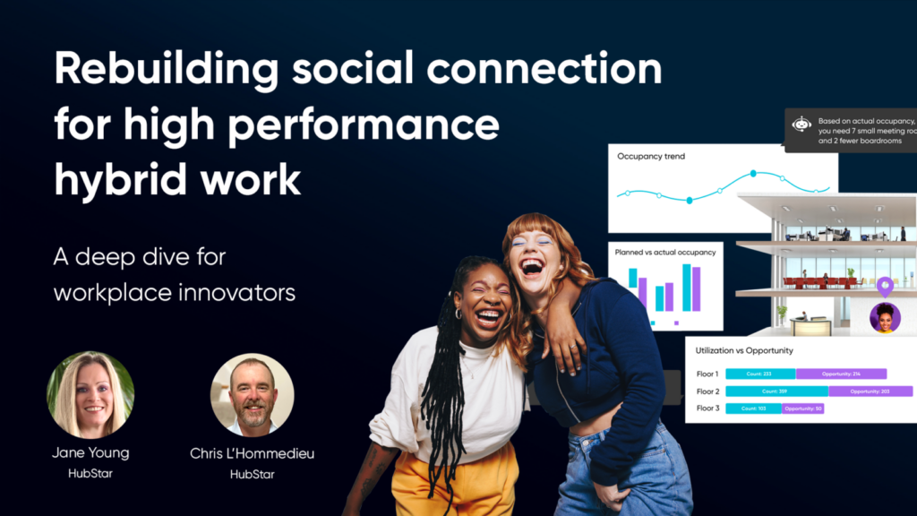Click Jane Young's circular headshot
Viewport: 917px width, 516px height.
click(90, 394)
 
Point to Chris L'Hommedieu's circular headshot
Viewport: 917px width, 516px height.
click(252, 395)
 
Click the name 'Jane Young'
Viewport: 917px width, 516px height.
click(90, 453)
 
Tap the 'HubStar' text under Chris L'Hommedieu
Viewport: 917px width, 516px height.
click(252, 474)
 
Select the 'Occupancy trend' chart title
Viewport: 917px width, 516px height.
click(651, 157)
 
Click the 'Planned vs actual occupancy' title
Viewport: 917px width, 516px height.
click(665, 253)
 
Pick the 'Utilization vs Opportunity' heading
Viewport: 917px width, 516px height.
click(744, 350)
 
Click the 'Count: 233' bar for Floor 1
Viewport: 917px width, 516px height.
click(759, 374)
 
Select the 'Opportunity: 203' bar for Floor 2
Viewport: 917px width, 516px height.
click(870, 391)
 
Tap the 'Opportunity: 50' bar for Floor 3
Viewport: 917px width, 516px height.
click(802, 408)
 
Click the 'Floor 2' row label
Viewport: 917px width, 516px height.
click(707, 391)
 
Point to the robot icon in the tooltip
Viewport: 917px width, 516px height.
click(801, 125)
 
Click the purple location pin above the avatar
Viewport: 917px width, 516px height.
click(885, 287)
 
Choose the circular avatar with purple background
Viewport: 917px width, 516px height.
click(885, 318)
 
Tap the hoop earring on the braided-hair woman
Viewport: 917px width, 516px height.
click(458, 314)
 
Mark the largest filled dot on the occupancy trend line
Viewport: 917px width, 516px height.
click(753, 173)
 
